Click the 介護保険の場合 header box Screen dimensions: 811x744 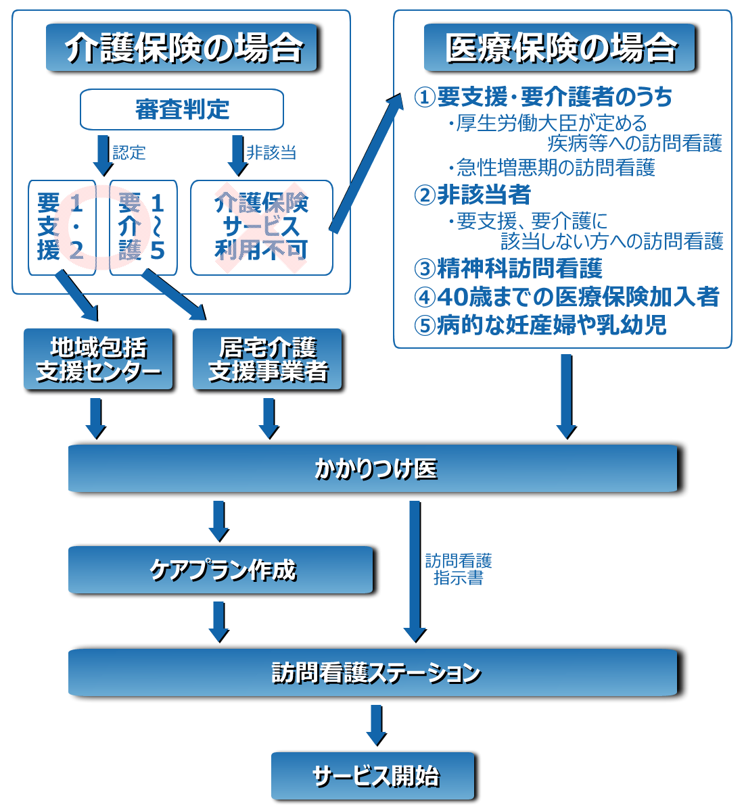point(183,48)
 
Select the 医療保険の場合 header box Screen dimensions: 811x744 point(561,48)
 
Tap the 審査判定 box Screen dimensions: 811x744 point(182,109)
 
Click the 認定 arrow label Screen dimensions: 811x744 point(129,153)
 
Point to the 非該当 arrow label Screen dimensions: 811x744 point(271,153)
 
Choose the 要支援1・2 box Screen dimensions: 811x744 point(61,228)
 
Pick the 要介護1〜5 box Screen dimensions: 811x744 point(143,228)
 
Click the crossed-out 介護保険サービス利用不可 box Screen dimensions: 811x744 point(262,228)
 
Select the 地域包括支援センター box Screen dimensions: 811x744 point(99,360)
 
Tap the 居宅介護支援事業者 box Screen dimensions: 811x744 point(269,360)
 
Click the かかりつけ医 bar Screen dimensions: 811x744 point(376,469)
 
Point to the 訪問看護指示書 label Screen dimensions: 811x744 point(459,569)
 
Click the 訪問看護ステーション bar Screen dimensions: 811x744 point(376,672)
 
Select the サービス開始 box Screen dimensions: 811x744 point(375,777)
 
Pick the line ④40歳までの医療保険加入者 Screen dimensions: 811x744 point(567,297)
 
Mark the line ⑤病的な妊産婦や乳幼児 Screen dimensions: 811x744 point(540,325)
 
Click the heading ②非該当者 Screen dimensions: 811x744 point(473,195)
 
